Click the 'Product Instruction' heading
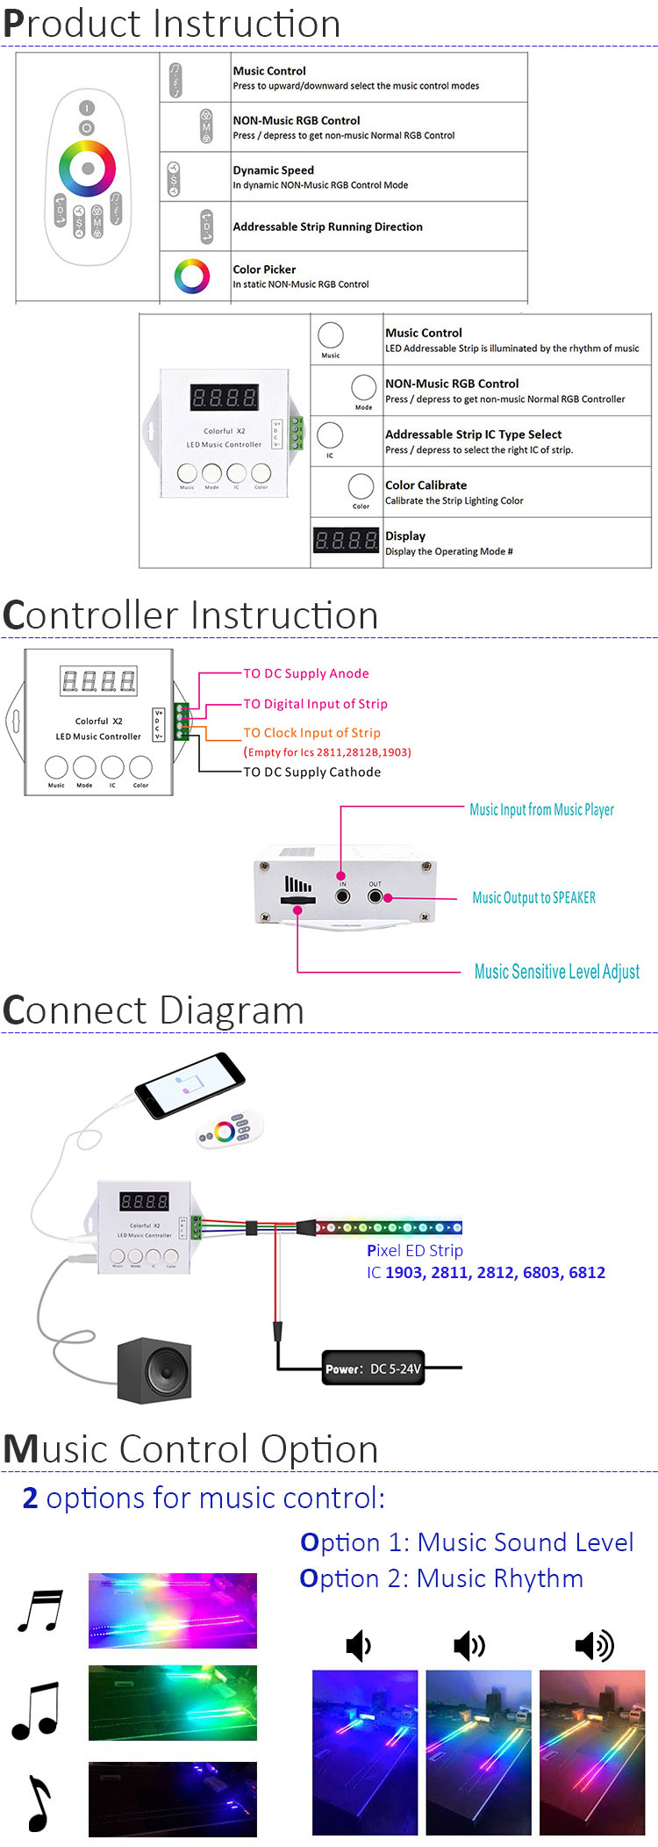172,24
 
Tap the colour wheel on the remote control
87,168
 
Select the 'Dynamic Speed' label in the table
273,170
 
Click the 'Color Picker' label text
264,270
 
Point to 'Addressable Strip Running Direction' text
327,226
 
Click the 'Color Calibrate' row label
426,485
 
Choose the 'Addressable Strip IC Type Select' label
473,435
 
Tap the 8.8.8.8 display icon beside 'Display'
346,540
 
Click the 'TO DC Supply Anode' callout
305,673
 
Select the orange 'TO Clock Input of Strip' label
311,732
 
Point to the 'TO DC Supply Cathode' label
311,772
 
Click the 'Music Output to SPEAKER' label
533,898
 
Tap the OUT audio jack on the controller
375,896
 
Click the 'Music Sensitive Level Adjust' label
556,972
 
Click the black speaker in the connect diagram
155,1369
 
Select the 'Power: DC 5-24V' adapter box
373,1368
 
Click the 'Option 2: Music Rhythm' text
441,1578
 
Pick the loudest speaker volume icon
594,1645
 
